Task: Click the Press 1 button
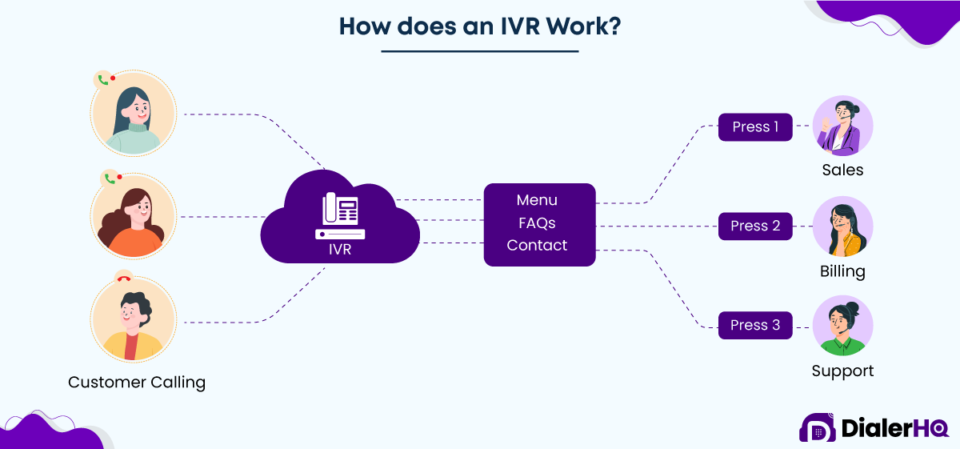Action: click(755, 127)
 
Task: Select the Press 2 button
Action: click(755, 227)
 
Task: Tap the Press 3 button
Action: click(755, 325)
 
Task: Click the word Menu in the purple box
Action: click(537, 200)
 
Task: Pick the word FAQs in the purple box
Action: click(537, 222)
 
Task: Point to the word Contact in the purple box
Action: click(537, 245)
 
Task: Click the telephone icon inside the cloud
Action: click(340, 215)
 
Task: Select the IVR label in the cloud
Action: click(340, 250)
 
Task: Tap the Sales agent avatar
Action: click(842, 126)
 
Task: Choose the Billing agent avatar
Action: click(842, 227)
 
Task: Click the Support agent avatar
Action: click(842, 326)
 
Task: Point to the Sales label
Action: click(842, 170)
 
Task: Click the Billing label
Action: click(842, 271)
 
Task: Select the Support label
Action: click(842, 371)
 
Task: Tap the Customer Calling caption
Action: click(137, 383)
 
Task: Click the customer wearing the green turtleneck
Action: click(134, 114)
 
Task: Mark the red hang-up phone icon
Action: click(123, 279)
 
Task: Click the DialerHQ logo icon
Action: click(817, 428)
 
